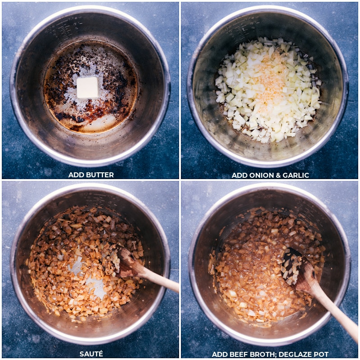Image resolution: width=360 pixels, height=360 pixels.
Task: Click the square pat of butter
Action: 87,87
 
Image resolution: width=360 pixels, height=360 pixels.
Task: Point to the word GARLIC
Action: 296,175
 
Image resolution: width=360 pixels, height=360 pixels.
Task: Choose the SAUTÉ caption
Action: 91,354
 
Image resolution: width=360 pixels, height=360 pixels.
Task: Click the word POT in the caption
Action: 321,354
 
